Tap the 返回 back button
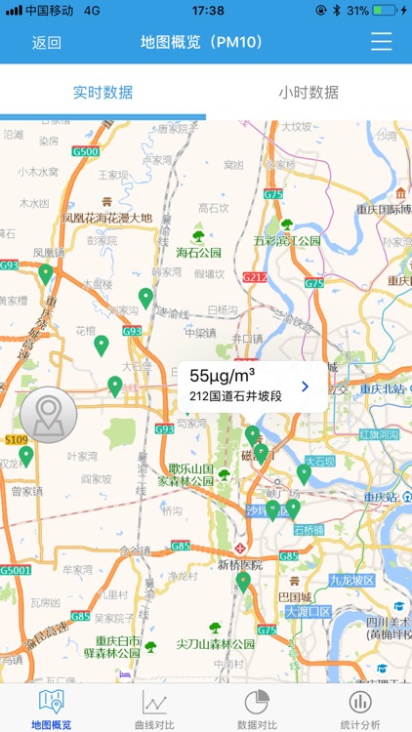pos(46,42)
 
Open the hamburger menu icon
pos(381,42)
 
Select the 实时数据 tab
pos(103,93)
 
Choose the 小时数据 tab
pos(309,93)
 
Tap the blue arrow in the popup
pos(305,386)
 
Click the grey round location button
pos(48,415)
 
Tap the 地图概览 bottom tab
pos(51,708)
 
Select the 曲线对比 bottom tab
pos(154,708)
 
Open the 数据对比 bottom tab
pos(257,708)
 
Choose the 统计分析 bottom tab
pos(360,708)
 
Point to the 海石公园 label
pos(199,252)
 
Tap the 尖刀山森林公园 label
pos(215,644)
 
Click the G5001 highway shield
pos(16,569)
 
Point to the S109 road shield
pos(16,440)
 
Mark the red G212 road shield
pos(255,277)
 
